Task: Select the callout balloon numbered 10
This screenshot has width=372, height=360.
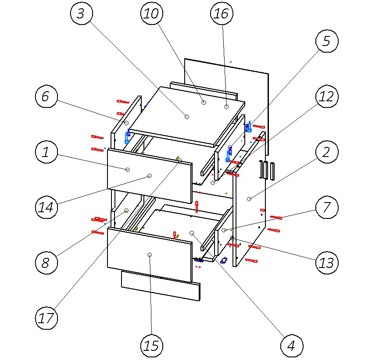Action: pyautogui.click(x=151, y=13)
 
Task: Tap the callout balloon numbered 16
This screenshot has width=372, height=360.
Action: pyautogui.click(x=221, y=13)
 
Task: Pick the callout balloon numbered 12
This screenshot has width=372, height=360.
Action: pyautogui.click(x=327, y=96)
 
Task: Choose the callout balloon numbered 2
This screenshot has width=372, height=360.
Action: pyautogui.click(x=327, y=152)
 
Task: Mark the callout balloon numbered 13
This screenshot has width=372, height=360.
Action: pyautogui.click(x=327, y=263)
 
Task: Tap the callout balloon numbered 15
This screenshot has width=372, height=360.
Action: pyautogui.click(x=151, y=346)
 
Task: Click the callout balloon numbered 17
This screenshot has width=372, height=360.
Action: pyautogui.click(x=46, y=318)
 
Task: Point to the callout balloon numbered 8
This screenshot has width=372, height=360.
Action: pyautogui.click(x=46, y=263)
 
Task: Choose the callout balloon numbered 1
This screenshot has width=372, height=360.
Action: pyautogui.click(x=46, y=152)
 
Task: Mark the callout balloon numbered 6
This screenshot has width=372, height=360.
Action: pyautogui.click(x=46, y=96)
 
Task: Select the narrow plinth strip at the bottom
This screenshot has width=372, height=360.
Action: pyautogui.click(x=160, y=285)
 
